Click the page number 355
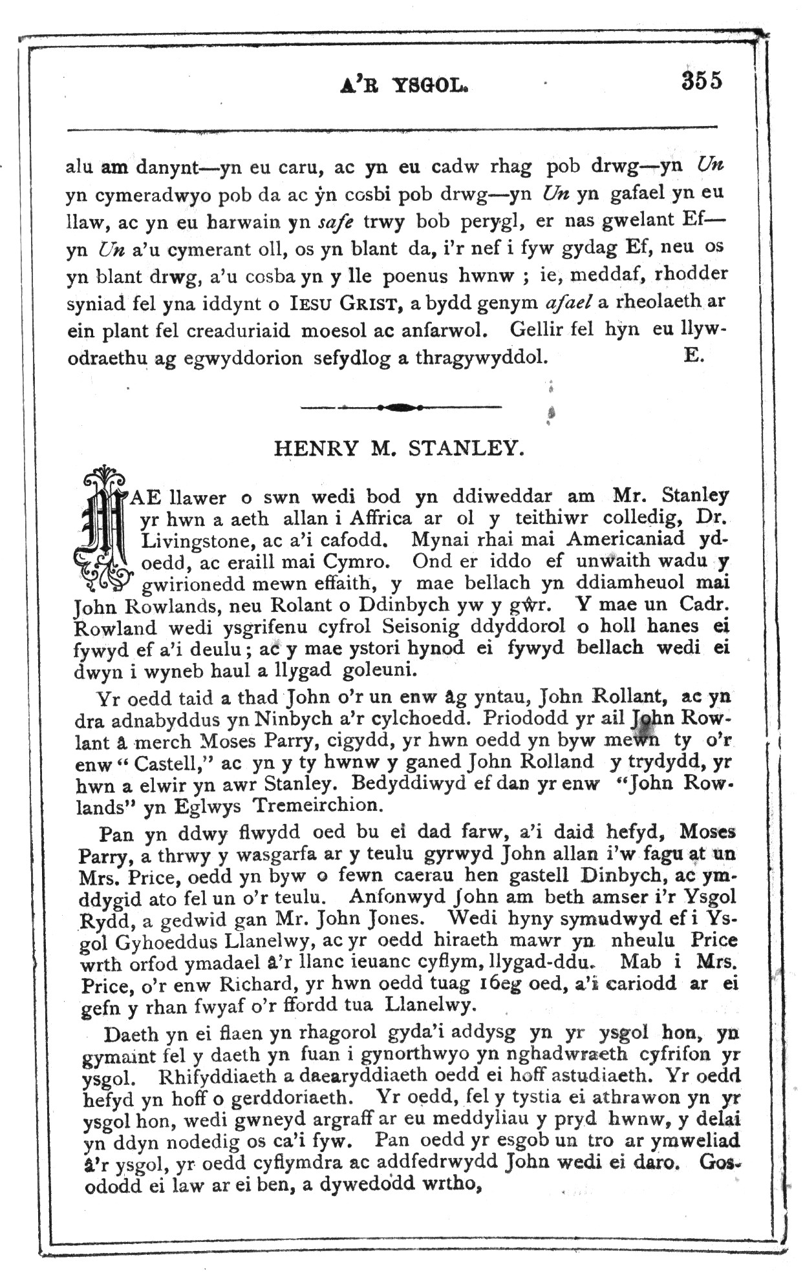pyautogui.click(x=701, y=81)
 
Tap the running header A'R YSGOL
pyautogui.click(x=403, y=85)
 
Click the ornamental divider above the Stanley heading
pyautogui.click(x=401, y=407)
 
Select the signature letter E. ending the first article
pyautogui.click(x=693, y=355)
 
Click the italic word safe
pyautogui.click(x=336, y=222)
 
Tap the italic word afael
pyautogui.click(x=569, y=302)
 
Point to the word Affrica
pyautogui.click(x=380, y=518)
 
